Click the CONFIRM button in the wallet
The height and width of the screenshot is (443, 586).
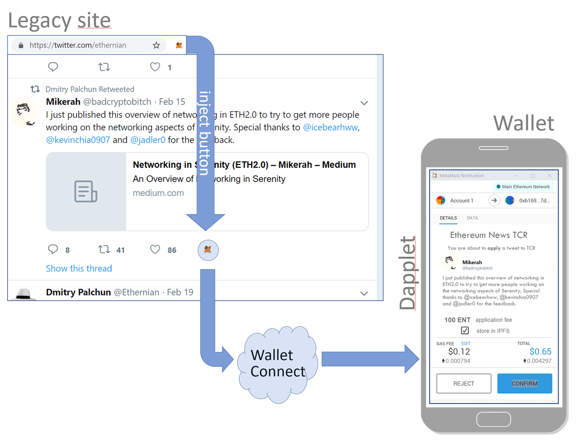[524, 384]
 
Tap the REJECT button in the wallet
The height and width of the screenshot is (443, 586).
[464, 384]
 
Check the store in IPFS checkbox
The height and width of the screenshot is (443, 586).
[465, 330]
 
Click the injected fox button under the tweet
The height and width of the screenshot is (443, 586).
[208, 250]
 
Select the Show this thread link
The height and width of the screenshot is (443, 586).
[79, 268]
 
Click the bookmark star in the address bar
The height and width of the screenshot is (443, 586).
[156, 45]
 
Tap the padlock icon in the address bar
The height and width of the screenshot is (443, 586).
[21, 45]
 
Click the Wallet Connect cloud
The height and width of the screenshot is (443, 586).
[277, 364]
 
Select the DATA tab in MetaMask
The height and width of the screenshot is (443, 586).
[472, 218]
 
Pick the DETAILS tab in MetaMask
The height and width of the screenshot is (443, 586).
[448, 218]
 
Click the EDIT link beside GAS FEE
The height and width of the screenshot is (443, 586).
[465, 343]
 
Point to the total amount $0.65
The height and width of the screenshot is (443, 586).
[540, 351]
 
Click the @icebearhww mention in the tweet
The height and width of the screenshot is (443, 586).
[330, 128]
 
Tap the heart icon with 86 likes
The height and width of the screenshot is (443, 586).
[155, 249]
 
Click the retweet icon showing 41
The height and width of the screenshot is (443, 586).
[104, 249]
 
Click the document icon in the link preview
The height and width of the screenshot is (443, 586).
[86, 191]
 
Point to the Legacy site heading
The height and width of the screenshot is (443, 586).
[59, 20]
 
